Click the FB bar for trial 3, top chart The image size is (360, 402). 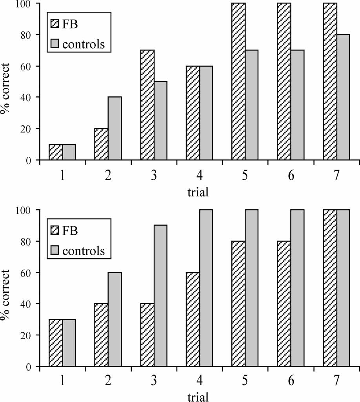(x=147, y=105)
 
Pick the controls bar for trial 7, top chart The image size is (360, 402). (x=343, y=97)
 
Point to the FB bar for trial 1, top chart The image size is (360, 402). (x=56, y=152)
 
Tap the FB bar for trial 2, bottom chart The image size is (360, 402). (x=102, y=335)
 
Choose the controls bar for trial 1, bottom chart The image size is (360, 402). (x=69, y=343)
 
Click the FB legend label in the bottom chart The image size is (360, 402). (x=70, y=231)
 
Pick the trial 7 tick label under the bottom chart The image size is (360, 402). (x=336, y=382)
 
